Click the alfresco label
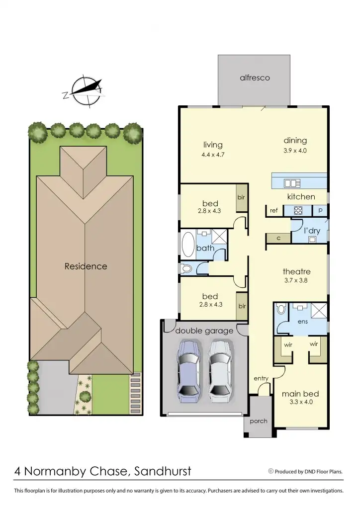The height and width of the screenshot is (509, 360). [x=255, y=78]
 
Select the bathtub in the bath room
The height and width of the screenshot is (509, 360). [x=188, y=245]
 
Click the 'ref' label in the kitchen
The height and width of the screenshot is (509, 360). [x=273, y=210]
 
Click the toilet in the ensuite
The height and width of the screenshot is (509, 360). [x=281, y=310]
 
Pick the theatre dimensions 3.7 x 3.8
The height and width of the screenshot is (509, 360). [x=296, y=281]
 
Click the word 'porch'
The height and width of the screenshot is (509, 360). [x=258, y=421]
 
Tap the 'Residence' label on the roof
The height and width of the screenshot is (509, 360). [x=86, y=266]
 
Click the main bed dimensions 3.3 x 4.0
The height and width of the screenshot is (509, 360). [x=301, y=402]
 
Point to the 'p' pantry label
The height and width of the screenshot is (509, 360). [x=320, y=210]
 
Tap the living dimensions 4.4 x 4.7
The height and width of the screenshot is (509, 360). [x=212, y=155]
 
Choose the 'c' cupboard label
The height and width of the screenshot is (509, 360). [x=278, y=239]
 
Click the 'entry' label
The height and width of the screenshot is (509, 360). [x=261, y=379]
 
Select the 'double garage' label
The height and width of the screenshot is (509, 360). [x=204, y=331]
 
